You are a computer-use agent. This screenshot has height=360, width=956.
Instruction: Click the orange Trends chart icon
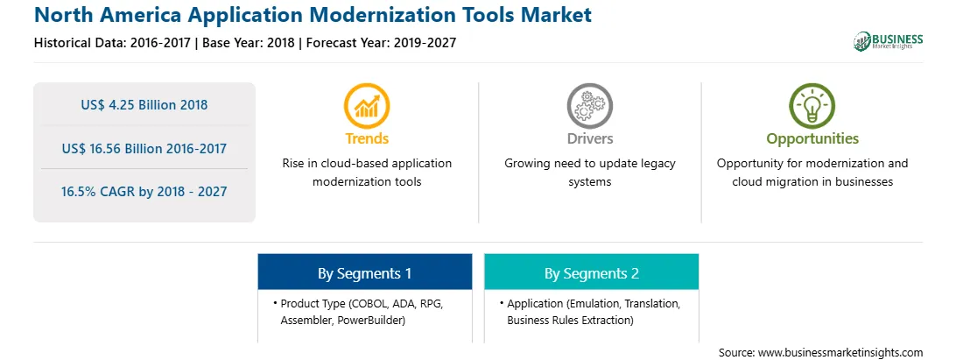click(367, 106)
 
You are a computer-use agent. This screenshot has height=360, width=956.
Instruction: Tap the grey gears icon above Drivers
click(589, 106)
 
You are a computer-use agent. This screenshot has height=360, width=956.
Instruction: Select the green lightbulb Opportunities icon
click(812, 106)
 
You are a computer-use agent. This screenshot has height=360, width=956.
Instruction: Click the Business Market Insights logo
click(889, 41)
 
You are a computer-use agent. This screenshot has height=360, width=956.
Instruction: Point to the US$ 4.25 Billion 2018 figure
click(144, 105)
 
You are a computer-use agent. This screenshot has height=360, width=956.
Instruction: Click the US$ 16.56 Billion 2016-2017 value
click(144, 148)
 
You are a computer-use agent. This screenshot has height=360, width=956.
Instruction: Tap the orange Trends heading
click(367, 138)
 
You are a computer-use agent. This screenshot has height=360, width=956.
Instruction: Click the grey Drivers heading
click(589, 138)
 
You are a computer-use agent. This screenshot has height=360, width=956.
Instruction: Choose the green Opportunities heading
click(812, 139)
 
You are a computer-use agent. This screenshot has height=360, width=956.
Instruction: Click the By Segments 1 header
click(364, 273)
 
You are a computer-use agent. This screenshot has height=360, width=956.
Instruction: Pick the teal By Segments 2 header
click(592, 273)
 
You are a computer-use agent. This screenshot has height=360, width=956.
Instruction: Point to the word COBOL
click(369, 303)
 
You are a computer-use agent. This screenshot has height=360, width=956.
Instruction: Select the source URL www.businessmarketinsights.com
click(840, 353)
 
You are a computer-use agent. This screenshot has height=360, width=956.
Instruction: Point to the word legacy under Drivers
click(657, 164)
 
